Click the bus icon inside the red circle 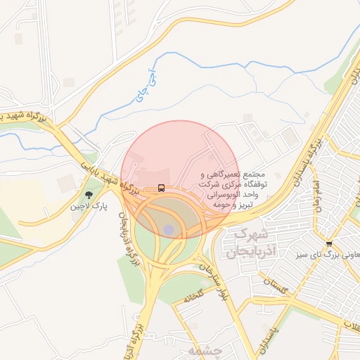pyautogui.click(x=162, y=188)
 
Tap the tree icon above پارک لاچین pyautogui.click(x=89, y=195)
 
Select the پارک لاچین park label pyautogui.click(x=89, y=208)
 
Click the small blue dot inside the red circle pyautogui.click(x=168, y=230)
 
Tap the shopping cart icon pyautogui.click(x=329, y=243)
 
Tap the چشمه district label pyautogui.click(x=205, y=349)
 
